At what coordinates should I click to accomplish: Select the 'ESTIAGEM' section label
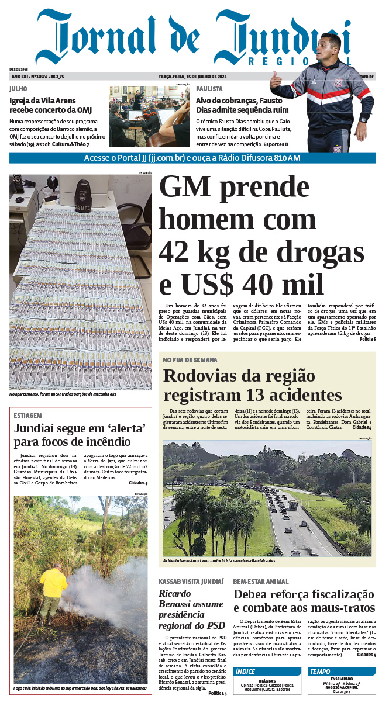(x=27, y=416)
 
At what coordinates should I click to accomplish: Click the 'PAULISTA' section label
(x=209, y=89)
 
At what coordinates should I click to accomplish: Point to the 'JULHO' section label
(x=18, y=89)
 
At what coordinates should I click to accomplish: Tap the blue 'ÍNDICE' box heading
(x=246, y=672)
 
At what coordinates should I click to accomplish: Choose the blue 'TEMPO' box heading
(x=321, y=672)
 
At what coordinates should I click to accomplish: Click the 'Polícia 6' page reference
(x=367, y=340)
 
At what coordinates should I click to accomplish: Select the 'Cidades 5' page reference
(x=138, y=483)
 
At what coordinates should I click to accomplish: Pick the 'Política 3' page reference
(x=218, y=693)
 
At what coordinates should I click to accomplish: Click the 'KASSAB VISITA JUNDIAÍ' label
(x=191, y=582)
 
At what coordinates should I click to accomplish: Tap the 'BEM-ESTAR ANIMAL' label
(x=261, y=582)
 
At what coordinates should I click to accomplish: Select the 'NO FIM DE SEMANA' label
(x=190, y=360)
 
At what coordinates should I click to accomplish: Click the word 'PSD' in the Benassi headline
(x=215, y=625)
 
